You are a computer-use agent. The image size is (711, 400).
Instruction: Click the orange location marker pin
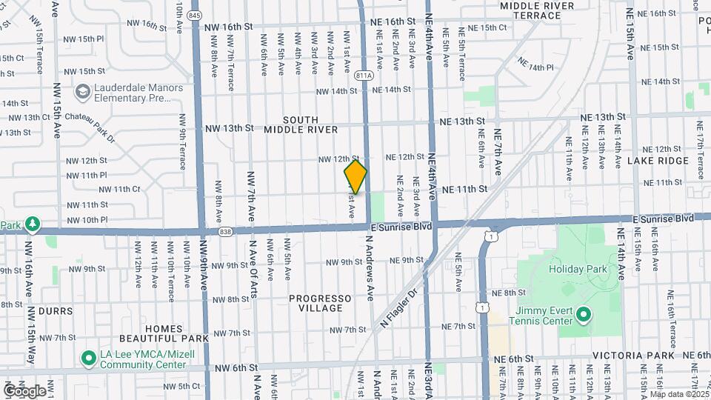[355, 177]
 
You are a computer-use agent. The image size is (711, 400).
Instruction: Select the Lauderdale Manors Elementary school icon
[83, 93]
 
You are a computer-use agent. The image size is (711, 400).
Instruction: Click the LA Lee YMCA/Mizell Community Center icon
[89, 359]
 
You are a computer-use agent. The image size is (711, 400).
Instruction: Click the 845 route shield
[195, 14]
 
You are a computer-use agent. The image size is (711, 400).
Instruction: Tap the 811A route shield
[364, 75]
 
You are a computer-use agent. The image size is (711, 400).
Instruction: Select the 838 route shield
[225, 231]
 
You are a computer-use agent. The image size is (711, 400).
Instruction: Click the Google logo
[24, 390]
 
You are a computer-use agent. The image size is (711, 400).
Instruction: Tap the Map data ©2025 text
[678, 394]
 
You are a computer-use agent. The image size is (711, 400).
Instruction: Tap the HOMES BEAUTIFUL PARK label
[164, 333]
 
